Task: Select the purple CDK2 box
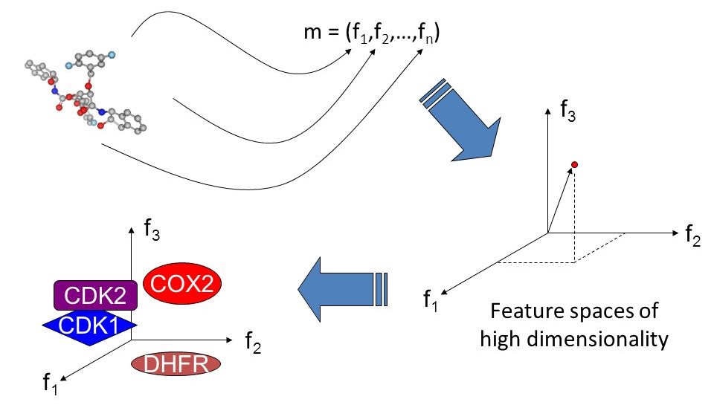point(95,296)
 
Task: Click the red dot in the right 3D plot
point(574,163)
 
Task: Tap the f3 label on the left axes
point(152,227)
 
